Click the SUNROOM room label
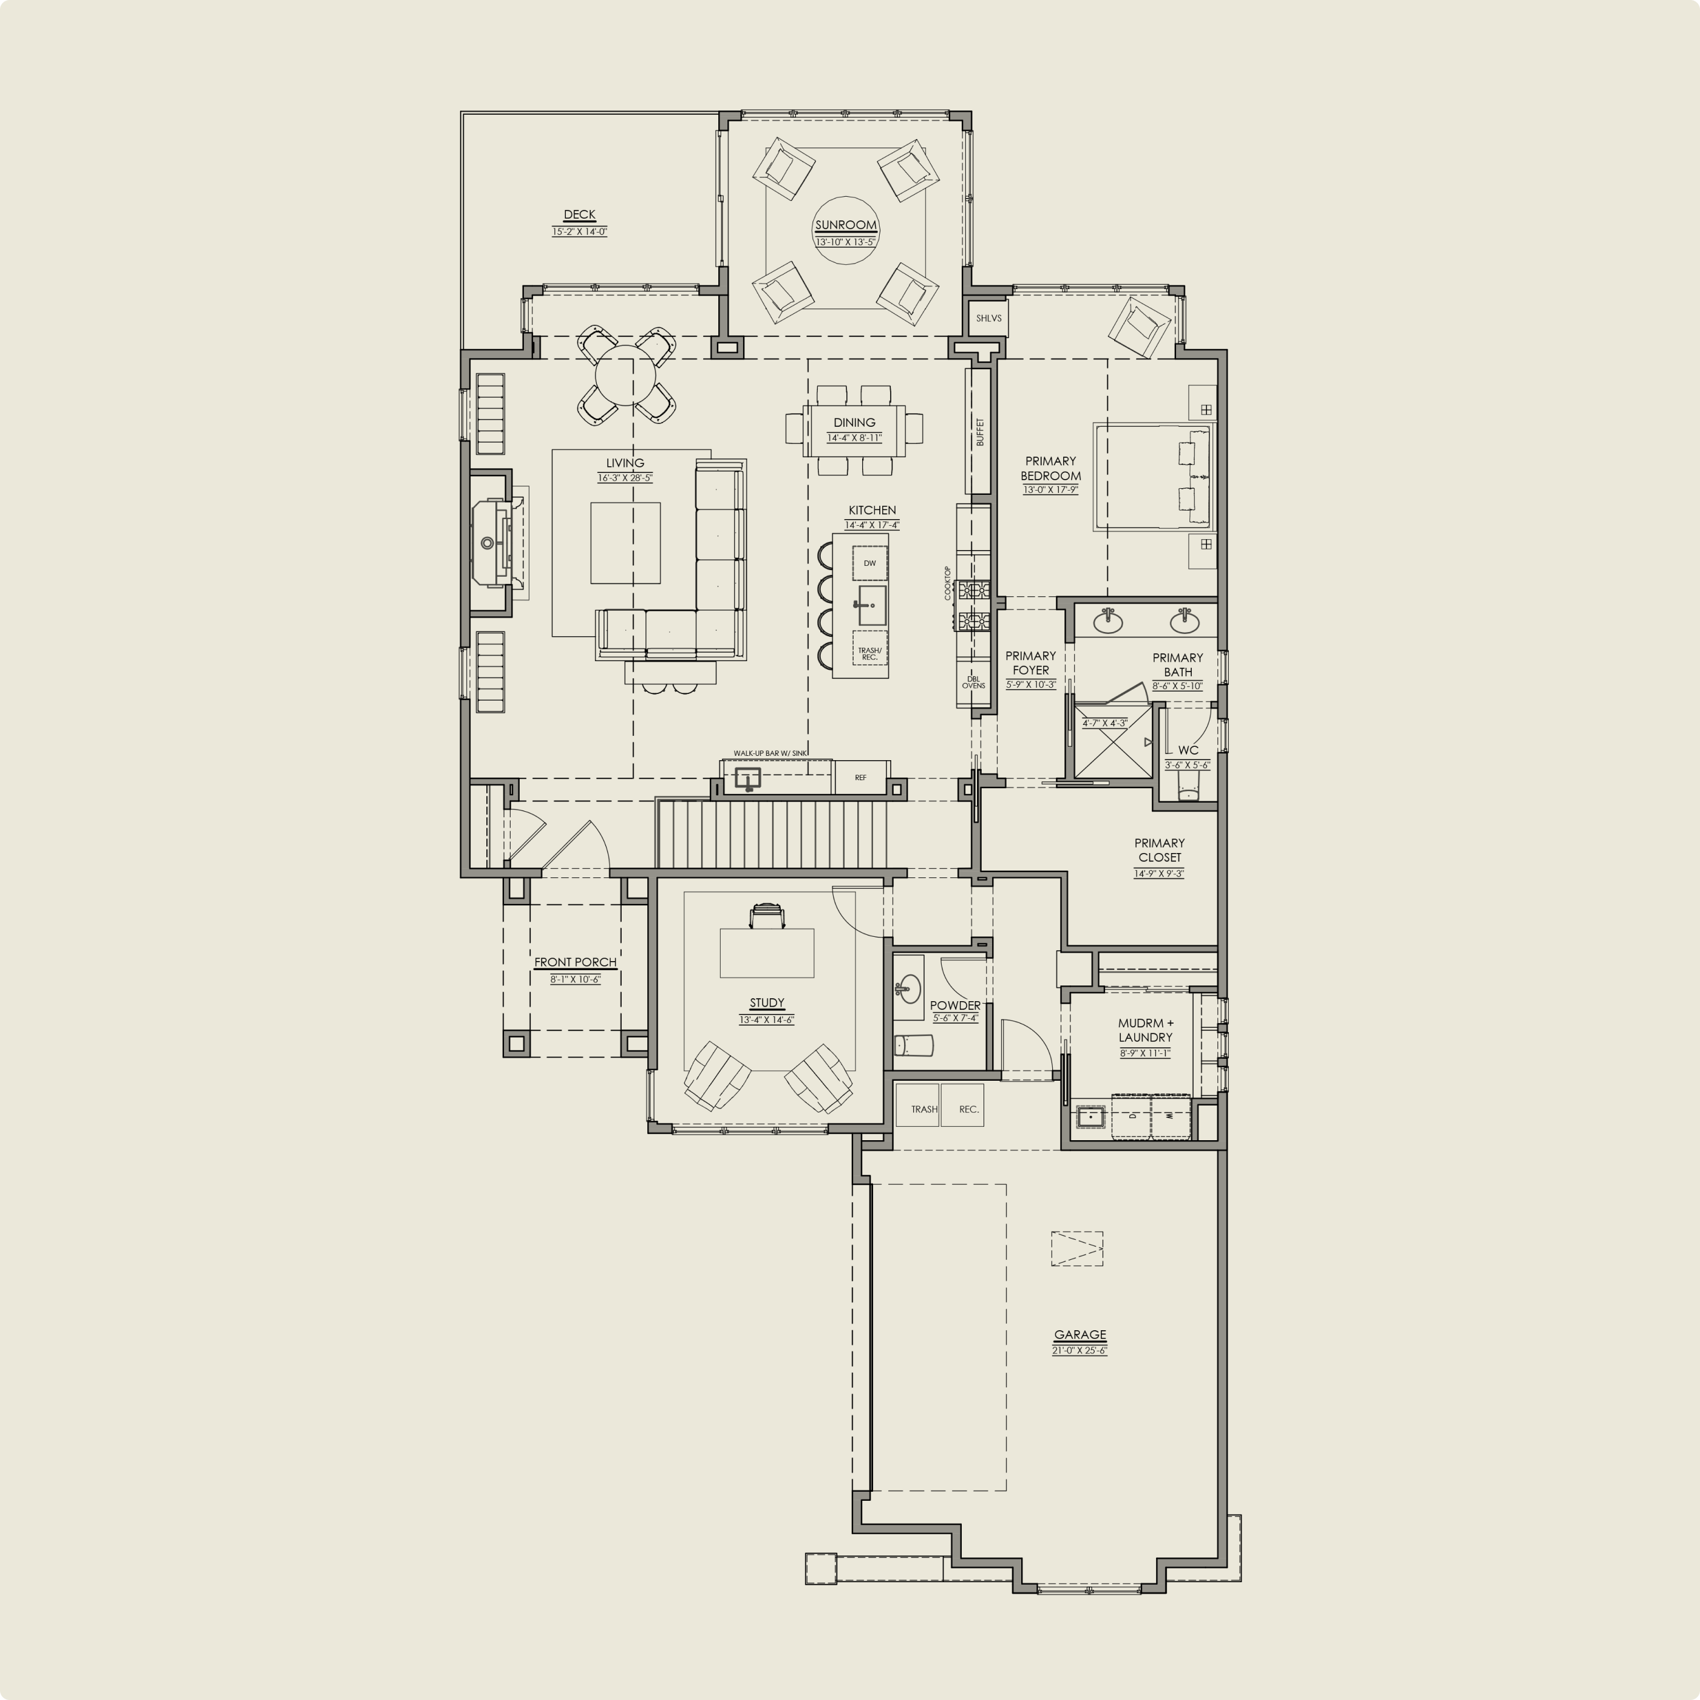click(x=846, y=225)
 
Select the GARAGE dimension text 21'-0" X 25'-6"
click(x=1079, y=1350)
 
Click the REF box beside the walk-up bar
click(x=860, y=778)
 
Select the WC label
click(x=1188, y=750)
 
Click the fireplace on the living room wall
click(x=490, y=543)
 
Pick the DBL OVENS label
click(x=973, y=682)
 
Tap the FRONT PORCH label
click(x=576, y=962)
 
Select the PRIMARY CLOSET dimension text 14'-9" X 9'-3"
click(x=1159, y=874)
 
